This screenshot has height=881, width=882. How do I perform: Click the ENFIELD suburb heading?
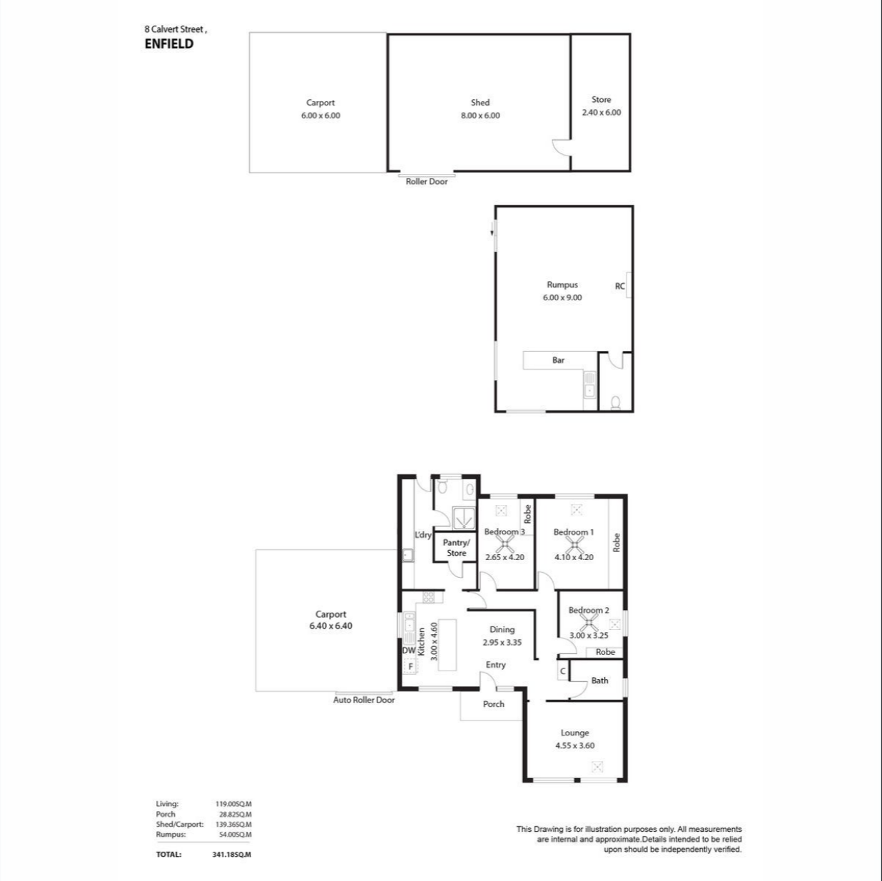click(x=169, y=44)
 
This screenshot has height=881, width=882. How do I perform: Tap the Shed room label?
click(x=480, y=103)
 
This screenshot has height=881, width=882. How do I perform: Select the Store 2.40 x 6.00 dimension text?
click(x=602, y=113)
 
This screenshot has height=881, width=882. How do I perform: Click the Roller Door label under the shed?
click(x=427, y=182)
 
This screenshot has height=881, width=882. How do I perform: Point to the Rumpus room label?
click(x=562, y=285)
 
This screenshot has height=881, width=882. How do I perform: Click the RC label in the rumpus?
click(x=619, y=286)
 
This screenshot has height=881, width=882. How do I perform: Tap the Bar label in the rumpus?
click(x=559, y=360)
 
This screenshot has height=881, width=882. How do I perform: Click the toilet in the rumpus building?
click(x=616, y=403)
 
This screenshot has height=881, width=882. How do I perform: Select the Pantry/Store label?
click(x=456, y=548)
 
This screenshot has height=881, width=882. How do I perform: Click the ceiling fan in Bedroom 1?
click(x=574, y=545)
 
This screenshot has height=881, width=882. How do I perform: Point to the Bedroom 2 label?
click(x=589, y=610)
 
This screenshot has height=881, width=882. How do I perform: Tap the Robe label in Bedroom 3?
click(x=528, y=514)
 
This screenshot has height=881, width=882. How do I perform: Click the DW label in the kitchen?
click(x=409, y=651)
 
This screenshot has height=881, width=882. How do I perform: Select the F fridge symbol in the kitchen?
click(x=410, y=666)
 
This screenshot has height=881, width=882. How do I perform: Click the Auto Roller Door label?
click(x=364, y=700)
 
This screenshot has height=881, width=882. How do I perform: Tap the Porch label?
click(x=493, y=704)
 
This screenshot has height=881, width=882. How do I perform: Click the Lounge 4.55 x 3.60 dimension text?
click(x=575, y=745)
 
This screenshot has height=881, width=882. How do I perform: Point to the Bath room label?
click(x=599, y=681)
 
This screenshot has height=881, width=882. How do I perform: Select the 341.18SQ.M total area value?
click(x=232, y=855)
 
